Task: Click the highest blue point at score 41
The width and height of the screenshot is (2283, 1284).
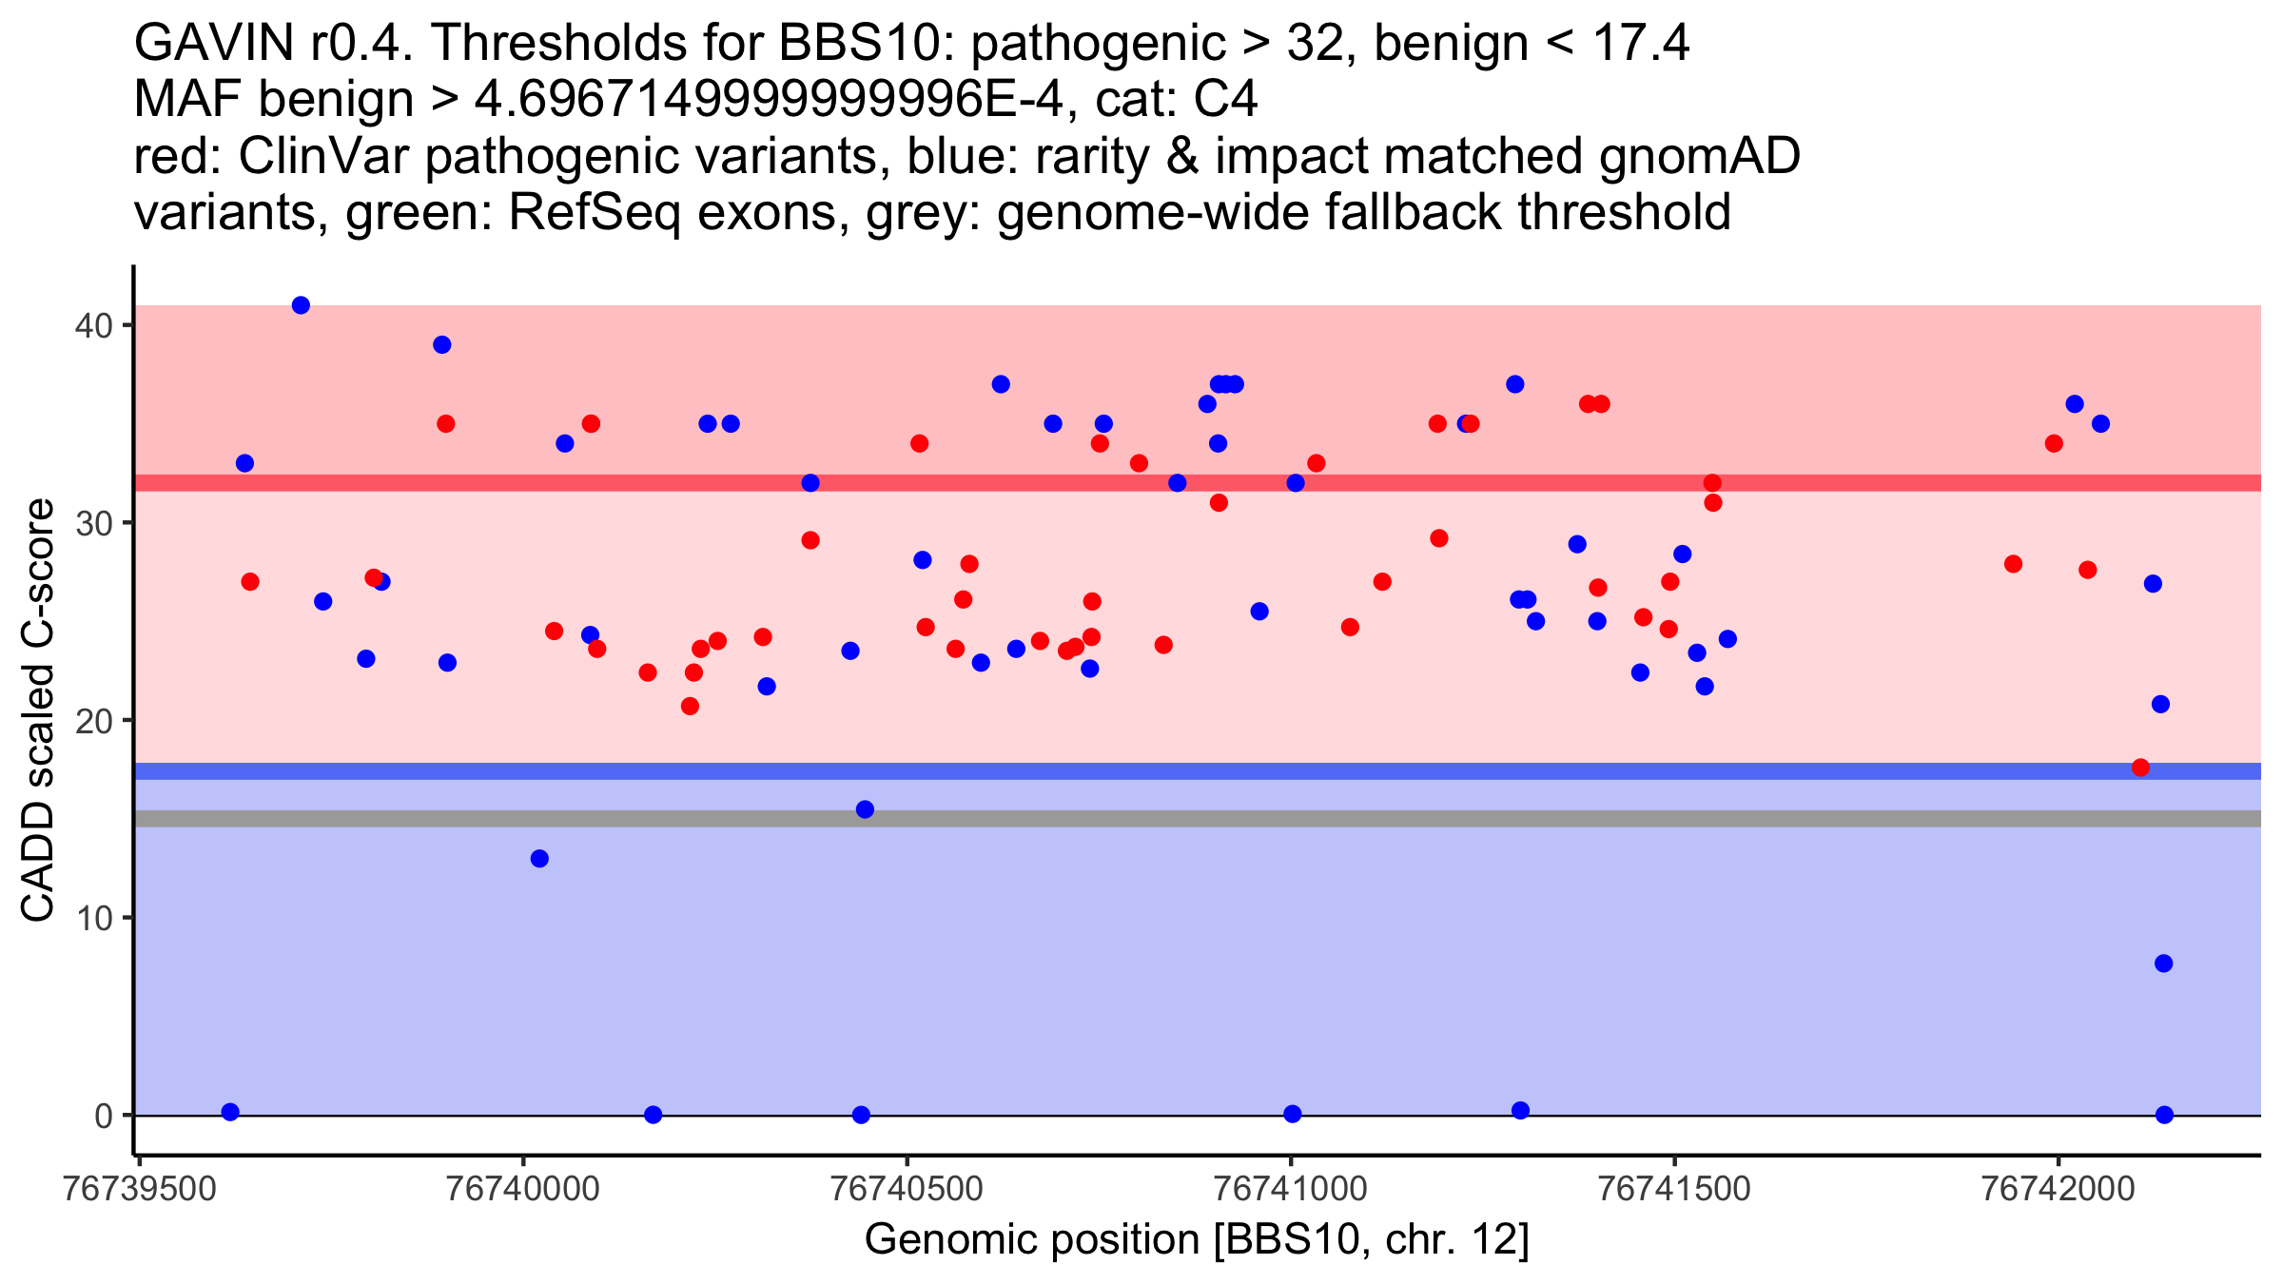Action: pos(301,305)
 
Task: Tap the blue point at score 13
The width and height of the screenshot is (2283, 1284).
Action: pos(539,859)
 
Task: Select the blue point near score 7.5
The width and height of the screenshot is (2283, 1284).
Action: pos(2163,963)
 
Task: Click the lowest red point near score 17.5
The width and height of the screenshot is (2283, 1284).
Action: pos(2140,768)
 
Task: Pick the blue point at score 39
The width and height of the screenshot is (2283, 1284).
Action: pos(441,344)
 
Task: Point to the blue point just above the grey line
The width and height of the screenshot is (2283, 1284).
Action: pos(865,809)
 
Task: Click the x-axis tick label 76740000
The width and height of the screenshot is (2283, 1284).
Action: pos(523,1189)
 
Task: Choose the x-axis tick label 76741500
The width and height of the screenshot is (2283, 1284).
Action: pos(1674,1189)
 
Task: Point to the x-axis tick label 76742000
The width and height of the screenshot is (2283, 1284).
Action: pos(2059,1189)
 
